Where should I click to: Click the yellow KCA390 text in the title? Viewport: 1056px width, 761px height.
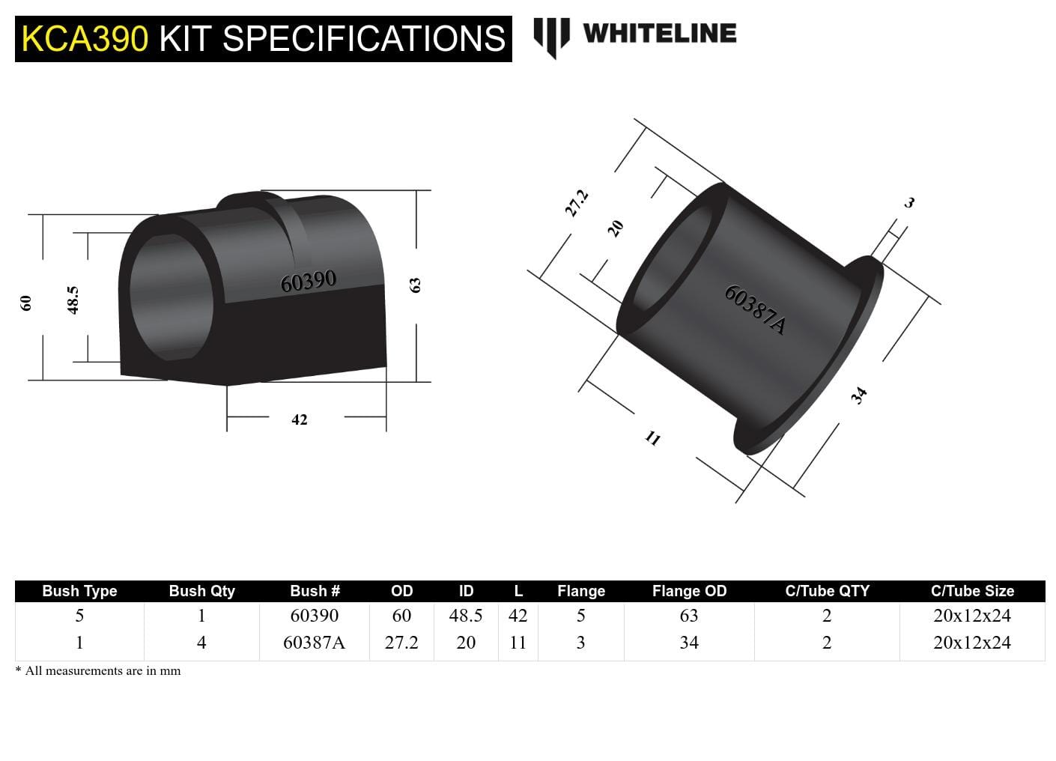coord(85,39)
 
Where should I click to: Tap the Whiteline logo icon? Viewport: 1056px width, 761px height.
coord(551,36)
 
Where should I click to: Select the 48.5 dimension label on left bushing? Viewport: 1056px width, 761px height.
coord(73,300)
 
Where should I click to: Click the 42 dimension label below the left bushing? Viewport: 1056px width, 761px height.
coord(300,420)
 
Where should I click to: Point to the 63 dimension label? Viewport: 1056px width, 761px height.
coord(415,285)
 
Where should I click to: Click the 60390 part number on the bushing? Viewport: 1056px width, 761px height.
coord(308,282)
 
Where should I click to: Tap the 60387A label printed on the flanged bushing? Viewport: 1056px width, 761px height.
coord(755,309)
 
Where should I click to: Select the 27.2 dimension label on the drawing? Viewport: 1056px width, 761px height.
coord(576,203)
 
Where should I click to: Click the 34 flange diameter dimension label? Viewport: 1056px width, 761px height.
coord(859,395)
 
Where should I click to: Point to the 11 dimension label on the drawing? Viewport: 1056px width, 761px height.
coord(653,438)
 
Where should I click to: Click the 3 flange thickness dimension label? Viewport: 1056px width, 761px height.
coord(909,202)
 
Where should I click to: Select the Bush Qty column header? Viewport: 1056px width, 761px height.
coord(201,591)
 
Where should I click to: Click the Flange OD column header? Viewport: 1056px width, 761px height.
coord(689,591)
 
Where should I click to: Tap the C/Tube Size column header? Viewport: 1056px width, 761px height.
coord(972,591)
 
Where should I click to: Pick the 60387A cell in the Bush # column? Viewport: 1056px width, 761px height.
coord(314,643)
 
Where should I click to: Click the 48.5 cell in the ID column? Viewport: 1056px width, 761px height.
coord(465,616)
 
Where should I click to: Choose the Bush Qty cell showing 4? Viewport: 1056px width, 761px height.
coord(201,643)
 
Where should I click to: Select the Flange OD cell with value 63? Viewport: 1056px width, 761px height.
coord(689,616)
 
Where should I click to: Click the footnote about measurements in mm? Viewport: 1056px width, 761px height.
coord(98,671)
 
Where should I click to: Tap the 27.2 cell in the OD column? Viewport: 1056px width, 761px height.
coord(401,643)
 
